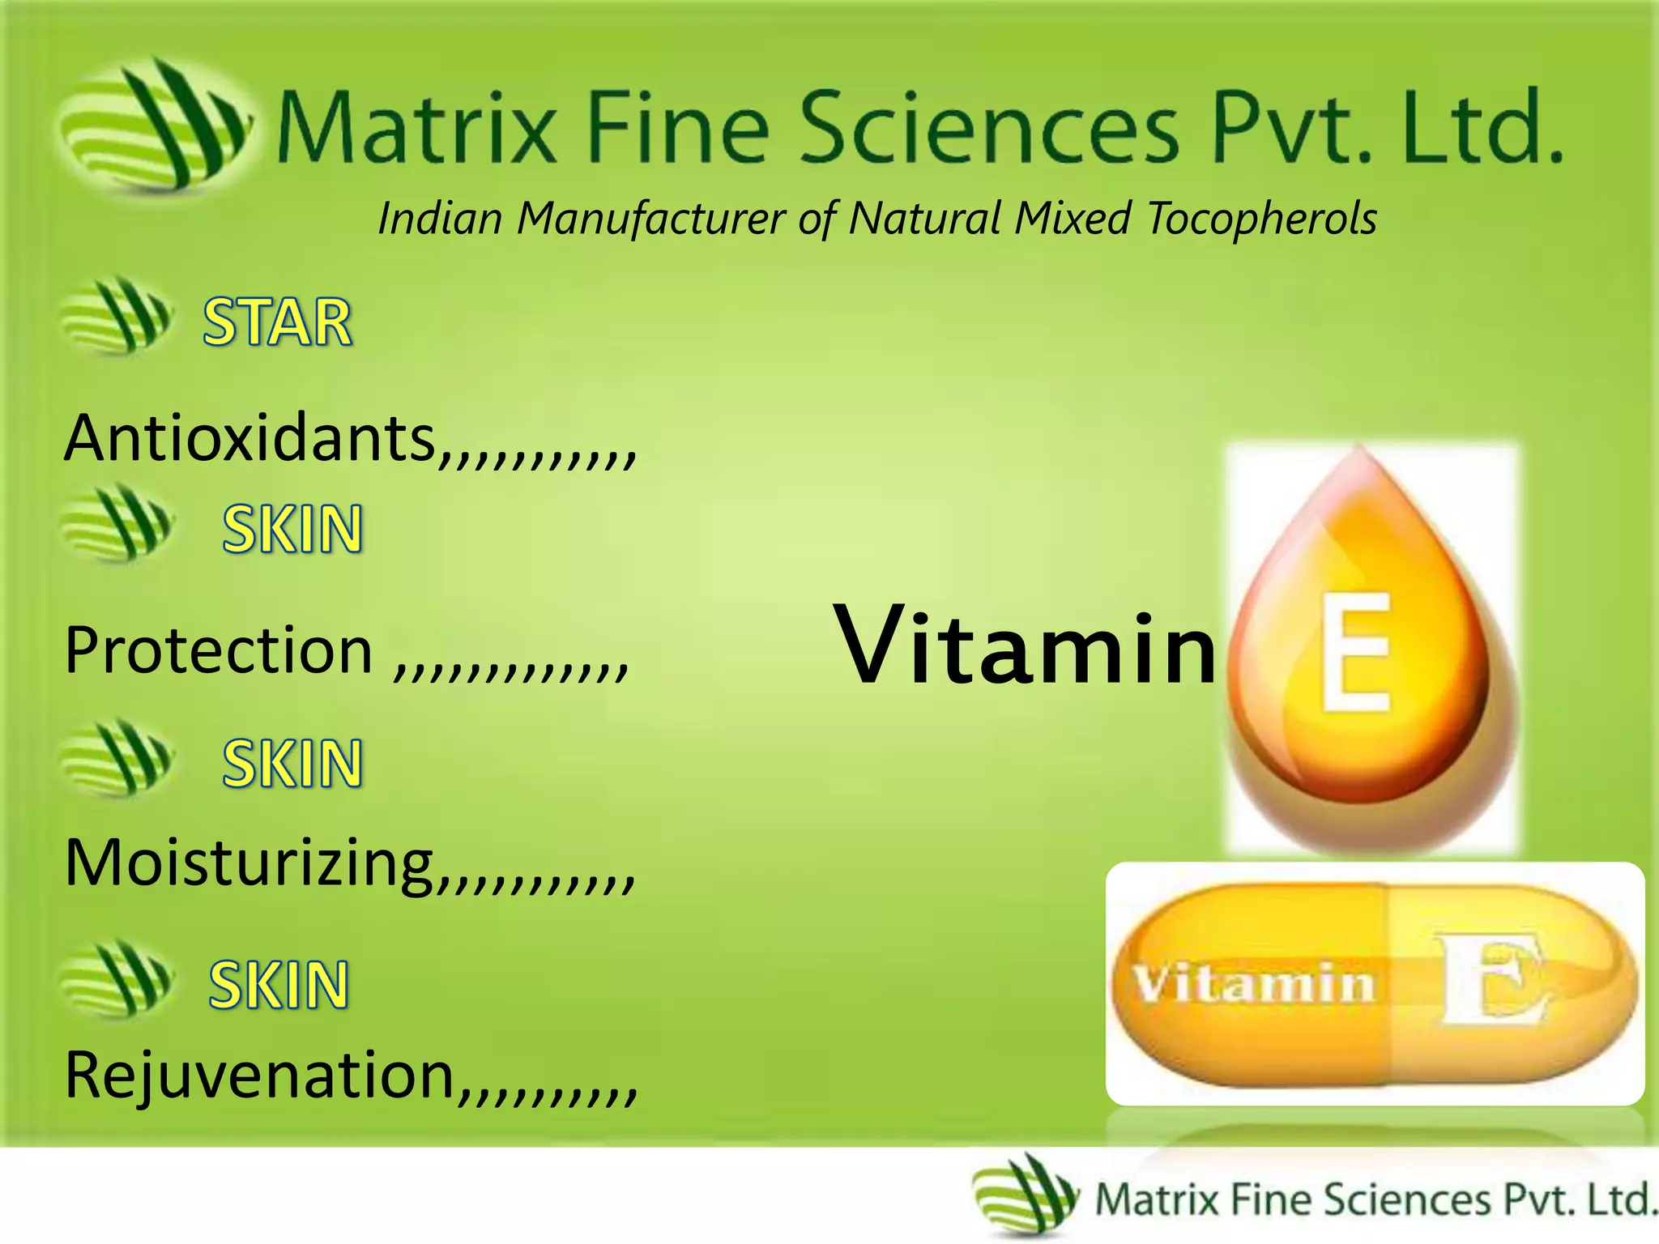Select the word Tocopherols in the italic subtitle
[1261, 219]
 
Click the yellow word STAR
[277, 322]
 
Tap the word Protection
[219, 650]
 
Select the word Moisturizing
[249, 863]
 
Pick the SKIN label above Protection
[292, 530]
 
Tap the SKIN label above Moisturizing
[292, 763]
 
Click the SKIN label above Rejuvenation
[279, 985]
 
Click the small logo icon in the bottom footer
[1025, 1195]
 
